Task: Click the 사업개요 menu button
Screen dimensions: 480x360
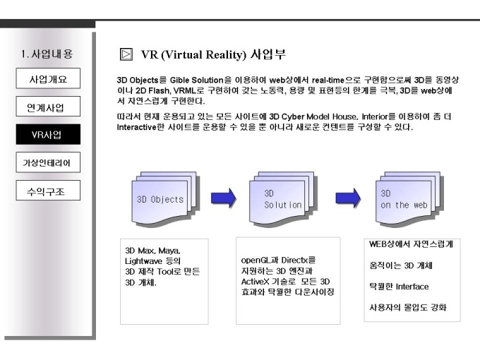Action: [48, 78]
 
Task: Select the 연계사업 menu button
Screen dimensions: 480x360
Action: [48, 106]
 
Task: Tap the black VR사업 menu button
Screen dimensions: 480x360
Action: [48, 134]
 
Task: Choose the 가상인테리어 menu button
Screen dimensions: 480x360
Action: [48, 162]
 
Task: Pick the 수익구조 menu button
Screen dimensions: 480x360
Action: [48, 191]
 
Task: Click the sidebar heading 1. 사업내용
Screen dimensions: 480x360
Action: [47, 54]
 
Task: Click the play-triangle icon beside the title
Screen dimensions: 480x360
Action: [126, 54]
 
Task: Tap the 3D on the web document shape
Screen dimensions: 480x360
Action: [409, 199]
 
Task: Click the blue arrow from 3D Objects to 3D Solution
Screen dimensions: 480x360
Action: [224, 198]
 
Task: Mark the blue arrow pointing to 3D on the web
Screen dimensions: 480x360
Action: [348, 198]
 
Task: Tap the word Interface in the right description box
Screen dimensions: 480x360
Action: [412, 287]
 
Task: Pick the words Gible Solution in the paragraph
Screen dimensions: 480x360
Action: [196, 80]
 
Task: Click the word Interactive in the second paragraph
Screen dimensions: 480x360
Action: [136, 127]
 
